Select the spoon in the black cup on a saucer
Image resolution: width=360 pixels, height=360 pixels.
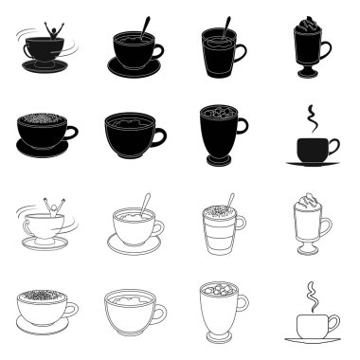tap(144, 27)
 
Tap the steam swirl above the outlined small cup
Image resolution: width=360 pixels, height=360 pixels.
tap(308, 297)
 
